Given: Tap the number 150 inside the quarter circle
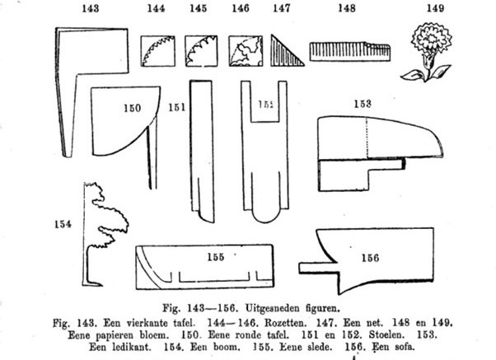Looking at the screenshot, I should [131, 107].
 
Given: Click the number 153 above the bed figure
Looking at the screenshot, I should [364, 104].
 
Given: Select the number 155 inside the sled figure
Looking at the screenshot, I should [215, 257].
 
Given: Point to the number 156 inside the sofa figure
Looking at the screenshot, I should [370, 257].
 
